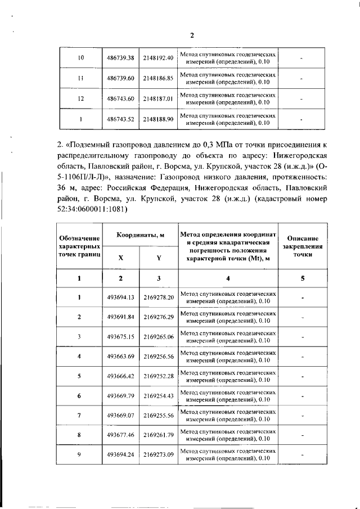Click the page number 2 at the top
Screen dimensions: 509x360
pos(191,35)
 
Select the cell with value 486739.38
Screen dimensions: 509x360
pos(120,58)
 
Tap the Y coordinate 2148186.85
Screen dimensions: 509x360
pos(157,78)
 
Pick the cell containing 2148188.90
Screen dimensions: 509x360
pos(157,119)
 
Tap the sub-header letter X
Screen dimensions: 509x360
pos(120,258)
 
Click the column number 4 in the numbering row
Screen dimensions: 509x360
pos(228,278)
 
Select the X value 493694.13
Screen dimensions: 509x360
pos(120,297)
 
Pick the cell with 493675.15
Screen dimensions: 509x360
pos(120,336)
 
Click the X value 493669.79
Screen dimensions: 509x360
pos(120,395)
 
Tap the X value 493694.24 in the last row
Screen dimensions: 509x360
pos(120,454)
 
